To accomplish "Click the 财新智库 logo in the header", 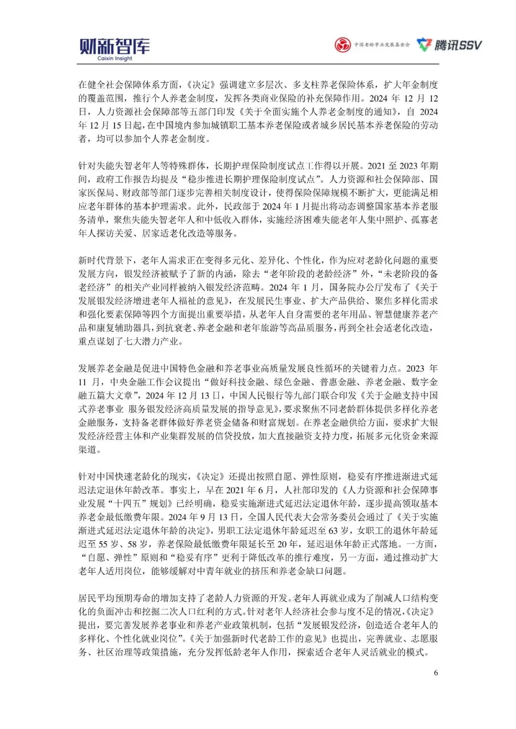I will pos(115,46).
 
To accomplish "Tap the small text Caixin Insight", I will pos(115,59).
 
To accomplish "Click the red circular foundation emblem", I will pos(343,45).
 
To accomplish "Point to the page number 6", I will pos(435,673).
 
